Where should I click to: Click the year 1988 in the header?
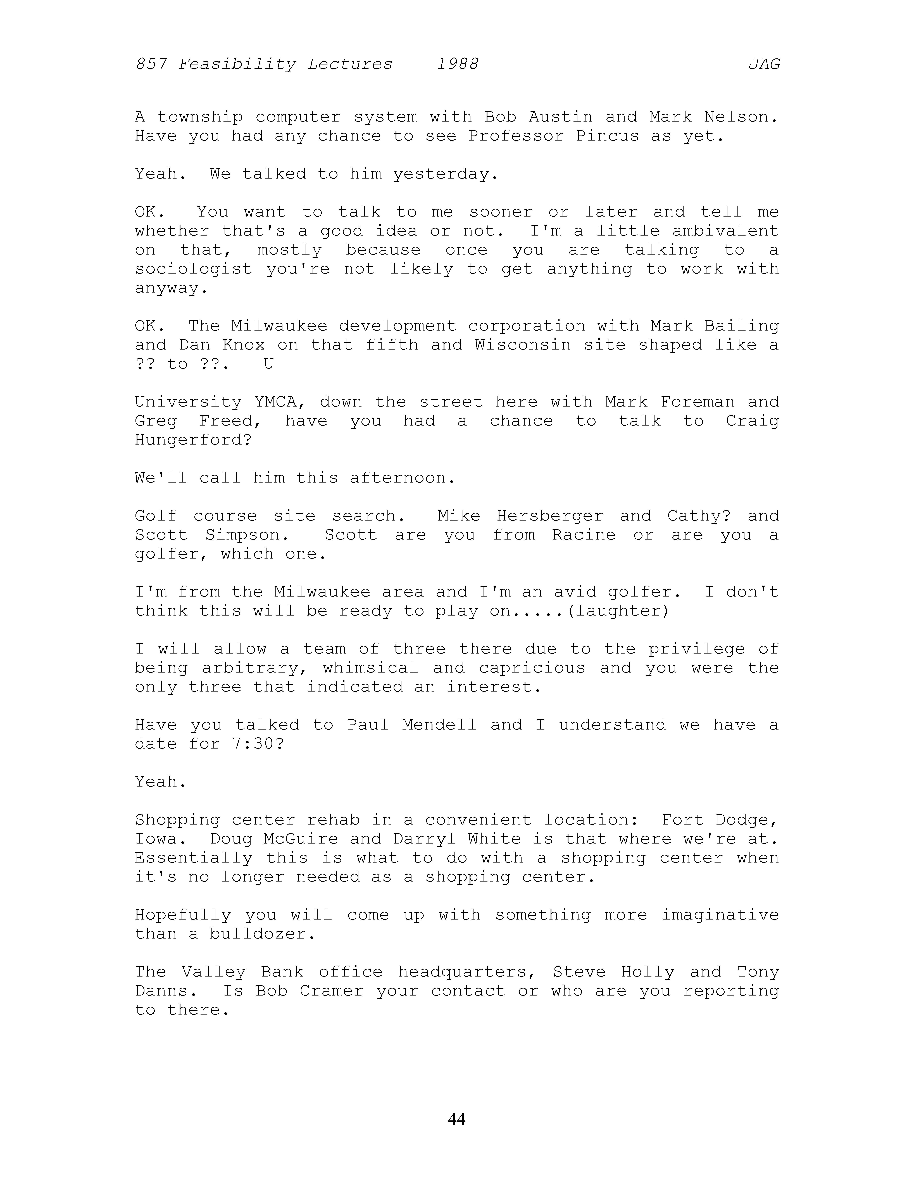click(458, 65)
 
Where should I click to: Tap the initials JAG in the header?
click(764, 65)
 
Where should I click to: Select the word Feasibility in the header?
click(237, 65)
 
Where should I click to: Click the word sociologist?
click(193, 269)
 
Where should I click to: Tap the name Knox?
click(244, 345)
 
